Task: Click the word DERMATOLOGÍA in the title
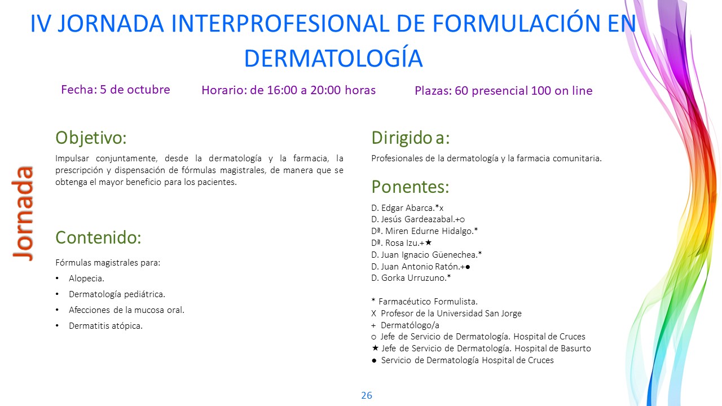coord(333,58)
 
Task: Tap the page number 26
coord(367,395)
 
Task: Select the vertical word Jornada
coord(23,213)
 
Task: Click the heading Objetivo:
coord(91,138)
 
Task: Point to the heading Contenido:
coord(98,237)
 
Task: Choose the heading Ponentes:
coord(410,187)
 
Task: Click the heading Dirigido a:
coord(410,138)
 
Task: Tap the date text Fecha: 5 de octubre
coord(116,90)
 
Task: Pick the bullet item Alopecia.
coord(86,279)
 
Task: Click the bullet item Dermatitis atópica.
coord(105,326)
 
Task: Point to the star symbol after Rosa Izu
coord(428,242)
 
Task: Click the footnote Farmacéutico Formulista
coord(428,302)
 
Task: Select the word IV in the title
coord(41,24)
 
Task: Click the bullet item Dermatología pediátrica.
coord(117,294)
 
